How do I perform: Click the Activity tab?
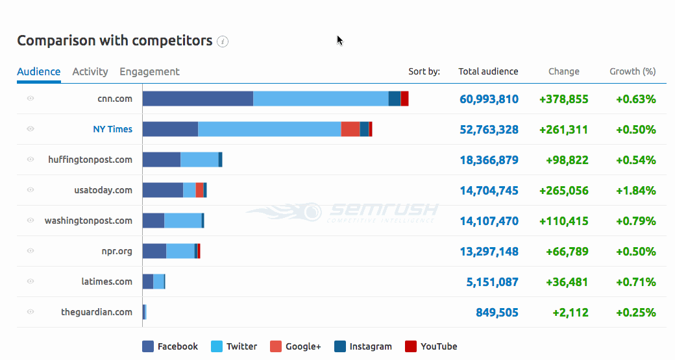90,72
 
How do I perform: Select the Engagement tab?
149,72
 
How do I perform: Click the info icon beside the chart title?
223,42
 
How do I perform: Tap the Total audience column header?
488,72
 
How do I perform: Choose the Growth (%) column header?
632,72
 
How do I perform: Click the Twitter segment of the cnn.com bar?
321,99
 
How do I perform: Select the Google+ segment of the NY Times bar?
350,129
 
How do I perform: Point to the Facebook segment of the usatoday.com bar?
162,190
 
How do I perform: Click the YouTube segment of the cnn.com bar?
404,99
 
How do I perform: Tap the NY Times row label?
112,129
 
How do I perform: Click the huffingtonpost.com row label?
90,160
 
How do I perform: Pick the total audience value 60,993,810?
489,99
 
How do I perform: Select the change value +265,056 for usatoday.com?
563,191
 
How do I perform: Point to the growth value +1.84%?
635,191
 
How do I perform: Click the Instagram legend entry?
363,346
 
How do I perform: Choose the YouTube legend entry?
432,346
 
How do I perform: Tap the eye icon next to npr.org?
31,251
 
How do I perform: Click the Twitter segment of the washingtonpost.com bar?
182,221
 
